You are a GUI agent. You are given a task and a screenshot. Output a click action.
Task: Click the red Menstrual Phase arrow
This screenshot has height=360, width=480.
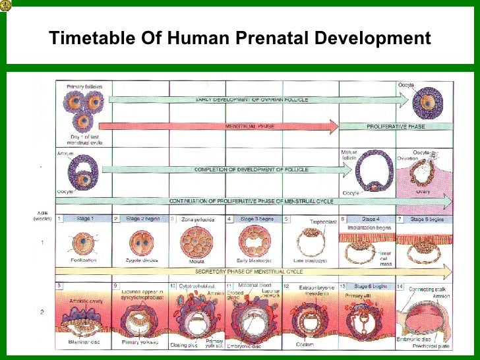[218, 127]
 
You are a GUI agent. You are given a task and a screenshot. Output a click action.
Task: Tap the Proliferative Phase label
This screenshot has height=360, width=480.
[396, 127]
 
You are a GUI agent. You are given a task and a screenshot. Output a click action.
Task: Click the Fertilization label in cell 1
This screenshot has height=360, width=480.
[83, 260]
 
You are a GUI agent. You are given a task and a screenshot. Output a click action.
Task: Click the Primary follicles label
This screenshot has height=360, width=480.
[83, 86]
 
